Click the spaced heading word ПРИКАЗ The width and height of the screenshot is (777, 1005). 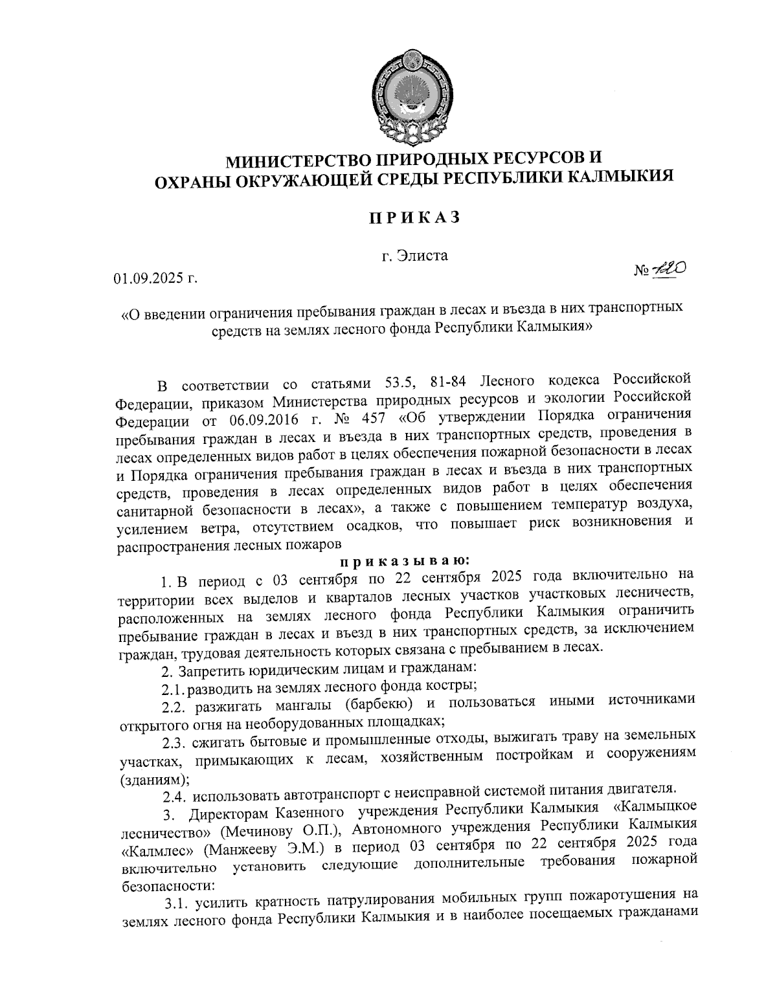(414, 217)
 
